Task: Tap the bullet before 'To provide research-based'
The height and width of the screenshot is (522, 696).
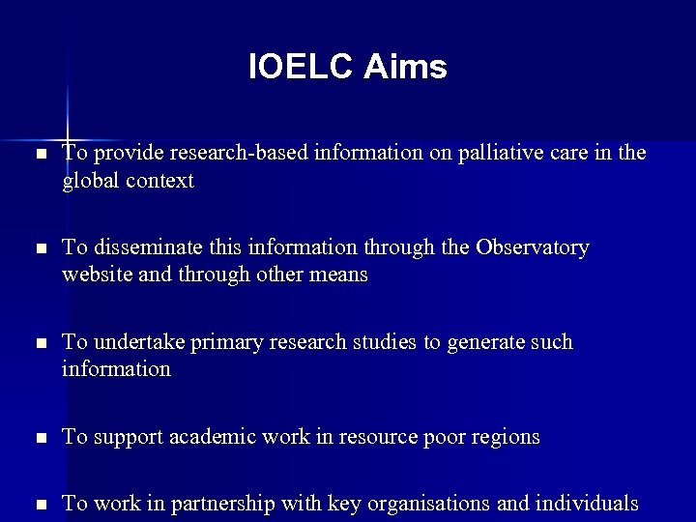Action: click(38, 155)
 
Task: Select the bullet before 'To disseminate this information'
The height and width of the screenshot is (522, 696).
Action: click(38, 248)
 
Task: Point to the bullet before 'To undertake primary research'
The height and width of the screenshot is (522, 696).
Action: click(38, 343)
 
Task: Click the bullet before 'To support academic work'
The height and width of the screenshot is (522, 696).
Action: click(38, 438)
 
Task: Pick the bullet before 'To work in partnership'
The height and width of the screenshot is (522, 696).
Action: click(38, 504)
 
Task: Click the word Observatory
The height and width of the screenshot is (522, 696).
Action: click(532, 247)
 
